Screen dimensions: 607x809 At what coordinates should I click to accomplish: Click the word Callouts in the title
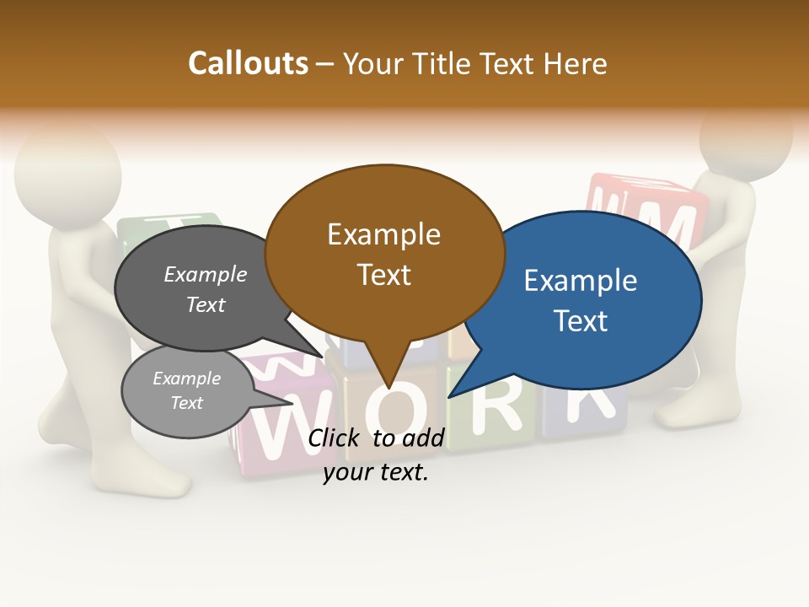coord(248,63)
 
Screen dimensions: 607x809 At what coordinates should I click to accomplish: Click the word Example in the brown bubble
coord(384,234)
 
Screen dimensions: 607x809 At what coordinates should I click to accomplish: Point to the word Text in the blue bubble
coord(581,320)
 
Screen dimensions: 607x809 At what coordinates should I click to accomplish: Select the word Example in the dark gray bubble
coord(206,274)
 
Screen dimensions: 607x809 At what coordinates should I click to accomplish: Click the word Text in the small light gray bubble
coord(187,403)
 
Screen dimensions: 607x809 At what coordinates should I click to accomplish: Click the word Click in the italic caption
coord(334,438)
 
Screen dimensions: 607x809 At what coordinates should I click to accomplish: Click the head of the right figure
coord(746,135)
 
